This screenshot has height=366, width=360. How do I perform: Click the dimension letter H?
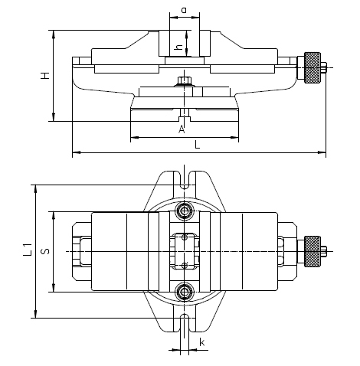click(45, 76)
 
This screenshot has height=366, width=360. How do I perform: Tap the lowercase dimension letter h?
click(179, 47)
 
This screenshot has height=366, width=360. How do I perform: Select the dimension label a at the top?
click(184, 11)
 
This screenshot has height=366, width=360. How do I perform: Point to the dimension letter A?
click(182, 129)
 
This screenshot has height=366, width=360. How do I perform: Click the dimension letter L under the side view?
click(197, 145)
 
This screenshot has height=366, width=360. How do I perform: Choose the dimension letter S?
click(45, 251)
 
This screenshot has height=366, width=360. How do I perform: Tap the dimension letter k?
click(202, 341)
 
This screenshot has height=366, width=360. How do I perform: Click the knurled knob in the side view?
click(312, 67)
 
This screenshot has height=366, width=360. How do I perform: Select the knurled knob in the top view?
click(312, 251)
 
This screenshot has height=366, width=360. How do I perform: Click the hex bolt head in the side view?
click(185, 81)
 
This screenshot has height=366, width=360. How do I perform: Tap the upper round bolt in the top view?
click(184, 211)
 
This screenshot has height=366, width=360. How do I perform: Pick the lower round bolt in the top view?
click(184, 292)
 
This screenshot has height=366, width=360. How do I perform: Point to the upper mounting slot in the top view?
click(185, 180)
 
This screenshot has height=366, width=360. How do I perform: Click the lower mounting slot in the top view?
click(185, 323)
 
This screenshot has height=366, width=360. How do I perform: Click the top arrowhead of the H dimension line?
click(54, 34)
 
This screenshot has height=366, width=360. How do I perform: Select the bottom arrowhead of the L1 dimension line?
click(36, 314)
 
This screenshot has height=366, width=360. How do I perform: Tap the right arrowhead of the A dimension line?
click(234, 137)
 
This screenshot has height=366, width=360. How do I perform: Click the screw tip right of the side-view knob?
click(324, 67)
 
